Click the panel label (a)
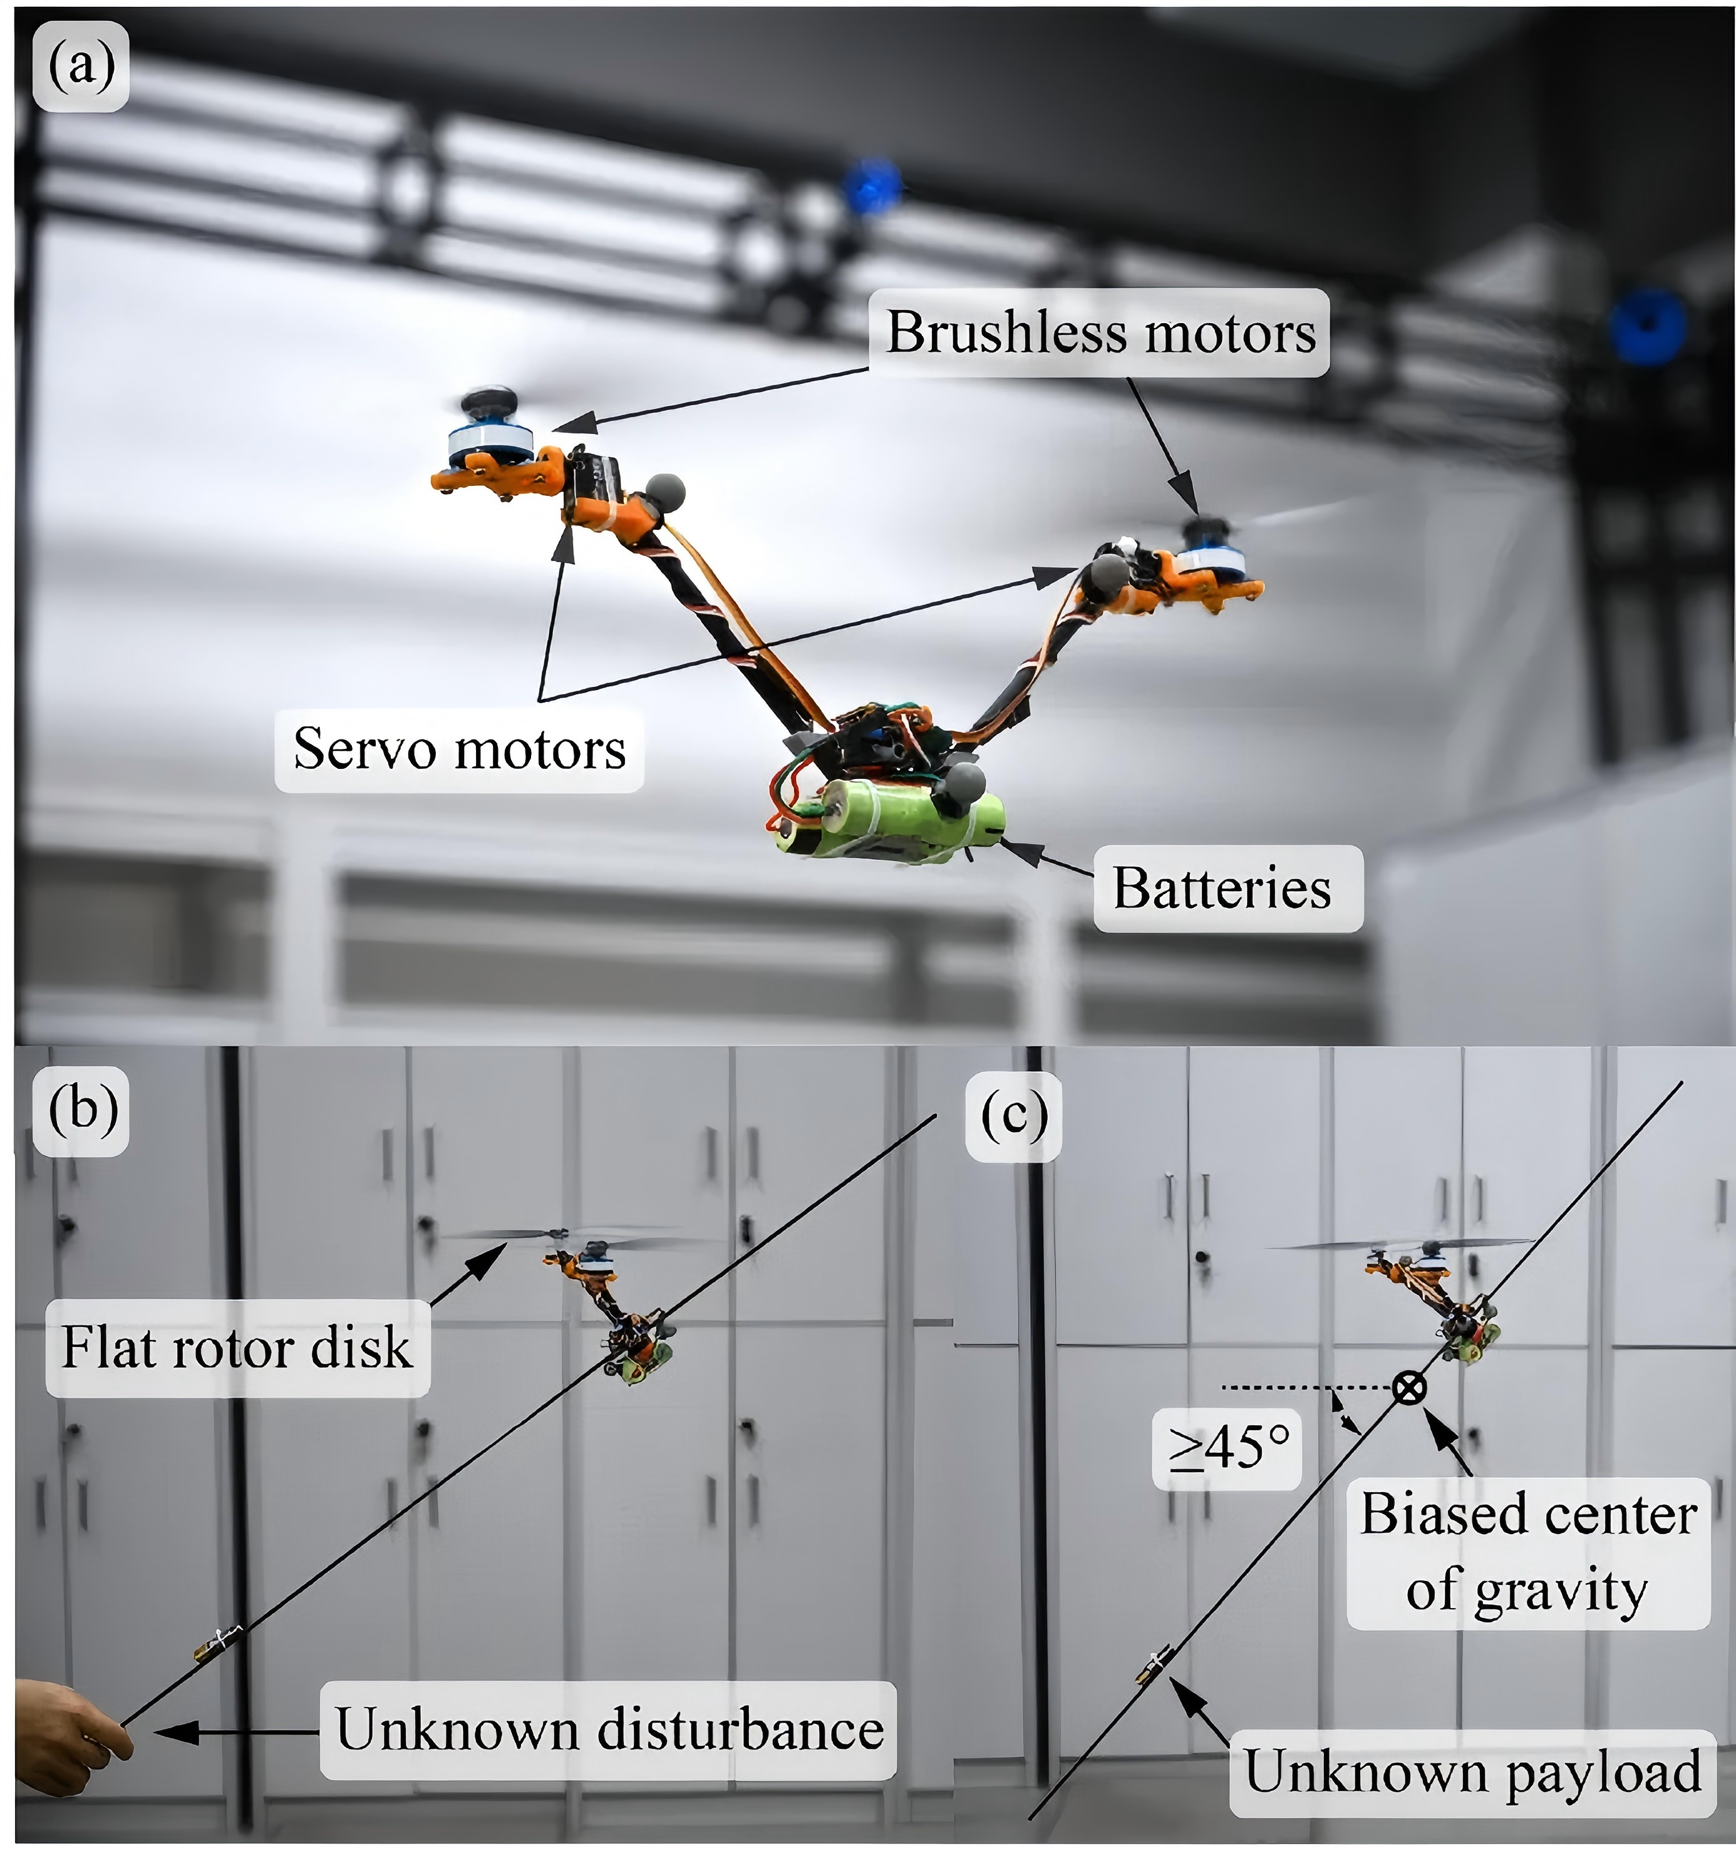click(81, 67)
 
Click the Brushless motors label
click(1100, 333)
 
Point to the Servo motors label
click(458, 749)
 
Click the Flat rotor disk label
click(236, 1347)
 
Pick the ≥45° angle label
click(1227, 1448)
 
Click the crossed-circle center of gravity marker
click(1409, 1388)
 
